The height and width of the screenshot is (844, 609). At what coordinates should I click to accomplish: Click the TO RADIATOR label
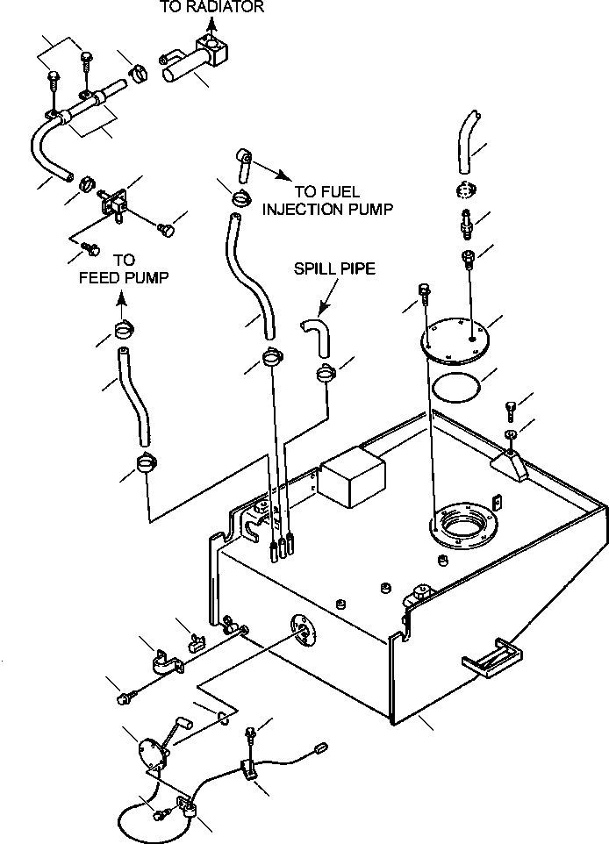tap(211, 6)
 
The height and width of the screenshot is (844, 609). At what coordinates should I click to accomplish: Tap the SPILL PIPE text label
tap(334, 268)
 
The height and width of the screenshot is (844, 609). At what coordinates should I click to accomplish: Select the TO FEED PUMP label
tap(124, 268)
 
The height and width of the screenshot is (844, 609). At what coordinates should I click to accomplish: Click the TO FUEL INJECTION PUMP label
tap(327, 200)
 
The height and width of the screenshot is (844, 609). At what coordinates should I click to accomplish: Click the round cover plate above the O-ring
tap(454, 340)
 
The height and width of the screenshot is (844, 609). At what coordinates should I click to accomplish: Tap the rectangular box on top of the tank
tap(352, 477)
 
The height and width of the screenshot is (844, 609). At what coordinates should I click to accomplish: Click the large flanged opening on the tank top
tap(463, 520)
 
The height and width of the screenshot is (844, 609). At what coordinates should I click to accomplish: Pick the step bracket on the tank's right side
tap(492, 656)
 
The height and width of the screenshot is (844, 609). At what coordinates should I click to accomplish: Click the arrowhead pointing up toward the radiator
tap(211, 23)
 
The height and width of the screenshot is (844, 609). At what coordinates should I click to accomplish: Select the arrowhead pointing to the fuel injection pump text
tap(281, 176)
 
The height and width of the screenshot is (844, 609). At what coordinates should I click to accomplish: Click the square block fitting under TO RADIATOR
tap(212, 50)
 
